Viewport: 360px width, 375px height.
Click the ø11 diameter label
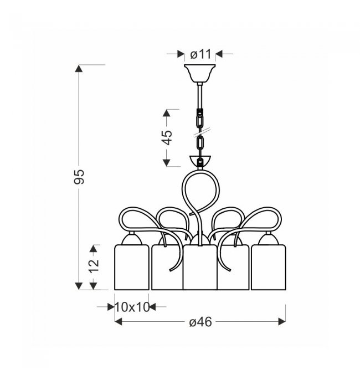click(x=200, y=54)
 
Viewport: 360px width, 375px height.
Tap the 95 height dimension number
click(x=79, y=177)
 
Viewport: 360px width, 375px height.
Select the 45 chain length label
click(x=167, y=138)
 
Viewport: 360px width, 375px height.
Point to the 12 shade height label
click(x=94, y=265)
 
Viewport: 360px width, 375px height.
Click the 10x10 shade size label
click(x=132, y=307)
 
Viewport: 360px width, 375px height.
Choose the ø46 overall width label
click(x=200, y=322)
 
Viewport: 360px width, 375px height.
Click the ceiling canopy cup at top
click(x=200, y=73)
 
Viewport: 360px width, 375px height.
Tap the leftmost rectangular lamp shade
click(x=132, y=267)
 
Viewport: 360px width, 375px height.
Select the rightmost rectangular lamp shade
click(x=269, y=267)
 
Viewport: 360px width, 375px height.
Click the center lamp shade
click(x=200, y=267)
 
